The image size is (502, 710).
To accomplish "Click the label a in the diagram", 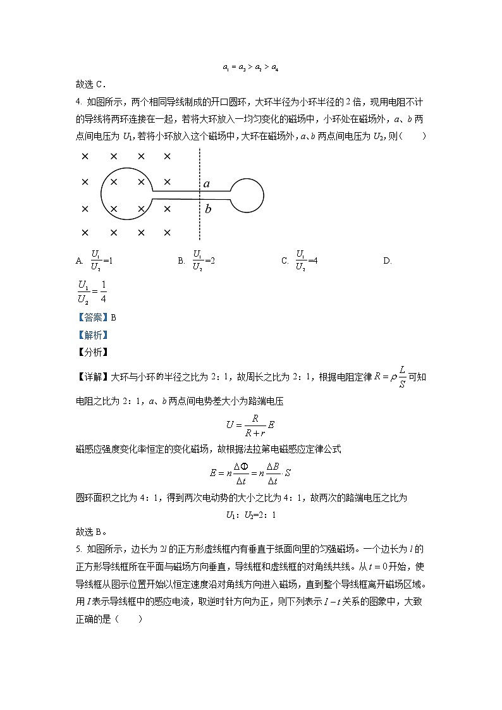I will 207,184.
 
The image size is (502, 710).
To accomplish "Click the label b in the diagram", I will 207,209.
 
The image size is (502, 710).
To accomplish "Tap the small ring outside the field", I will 247,195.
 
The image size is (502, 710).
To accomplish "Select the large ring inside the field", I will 126,195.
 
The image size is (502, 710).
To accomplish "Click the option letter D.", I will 388,260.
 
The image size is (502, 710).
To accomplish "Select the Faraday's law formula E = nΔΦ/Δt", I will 250,472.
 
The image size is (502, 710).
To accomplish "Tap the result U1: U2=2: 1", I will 251,515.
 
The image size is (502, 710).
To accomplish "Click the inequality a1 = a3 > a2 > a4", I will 250,67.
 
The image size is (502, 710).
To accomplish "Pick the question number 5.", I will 78,548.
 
